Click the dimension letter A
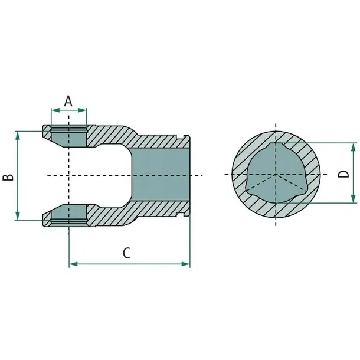(x=68, y=102)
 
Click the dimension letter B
(x=8, y=177)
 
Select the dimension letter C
(x=126, y=253)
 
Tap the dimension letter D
(x=343, y=174)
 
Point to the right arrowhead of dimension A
(x=82, y=110)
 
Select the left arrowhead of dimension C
(x=74, y=264)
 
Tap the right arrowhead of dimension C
(x=185, y=264)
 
